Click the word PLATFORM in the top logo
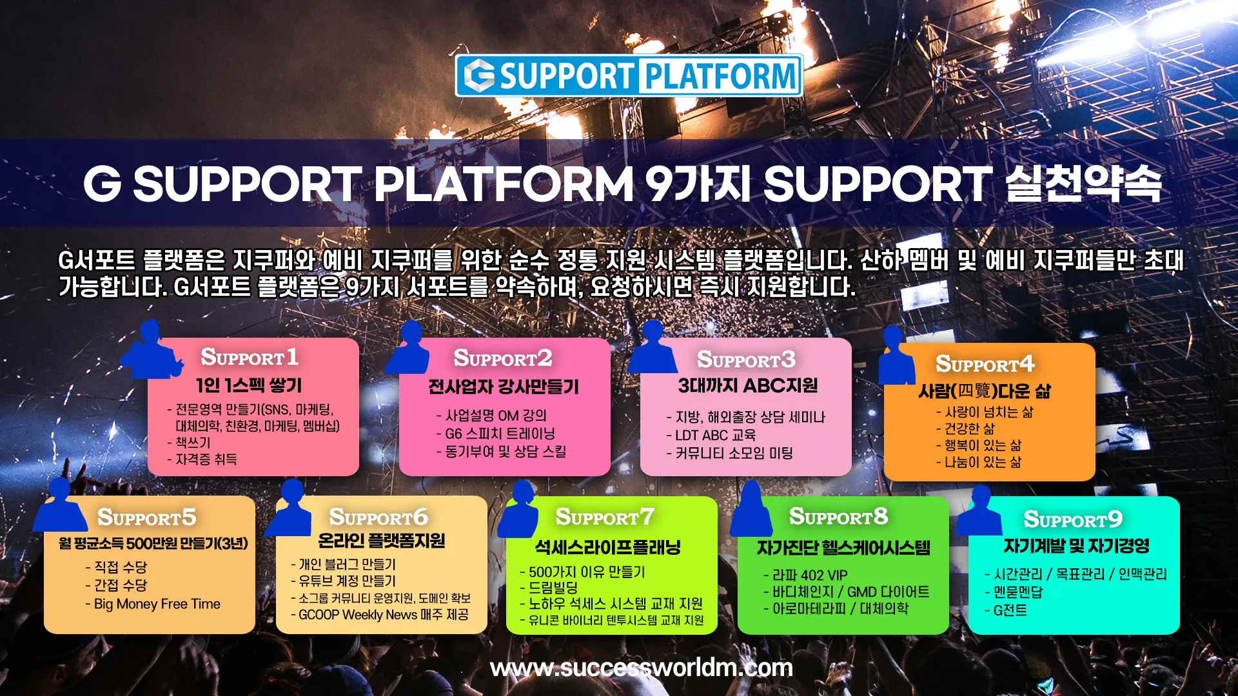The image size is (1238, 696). point(721,76)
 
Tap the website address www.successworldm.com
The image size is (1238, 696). point(641,668)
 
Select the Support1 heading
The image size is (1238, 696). point(250,357)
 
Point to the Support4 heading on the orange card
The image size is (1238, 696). point(985,364)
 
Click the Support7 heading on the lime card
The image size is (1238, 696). point(605,517)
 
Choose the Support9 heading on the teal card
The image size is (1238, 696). point(1073,519)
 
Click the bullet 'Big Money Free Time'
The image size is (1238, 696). point(157,604)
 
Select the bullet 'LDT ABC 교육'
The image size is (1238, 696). point(715,436)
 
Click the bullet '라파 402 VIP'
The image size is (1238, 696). point(810,575)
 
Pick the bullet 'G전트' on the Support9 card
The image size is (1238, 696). point(1010,610)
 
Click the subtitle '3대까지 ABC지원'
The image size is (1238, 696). point(747,386)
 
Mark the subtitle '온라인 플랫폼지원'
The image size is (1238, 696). point(381,541)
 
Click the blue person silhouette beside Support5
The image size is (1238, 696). point(59,507)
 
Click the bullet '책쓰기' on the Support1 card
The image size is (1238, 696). point(193,443)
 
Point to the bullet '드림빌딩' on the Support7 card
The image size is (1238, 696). point(553,588)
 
